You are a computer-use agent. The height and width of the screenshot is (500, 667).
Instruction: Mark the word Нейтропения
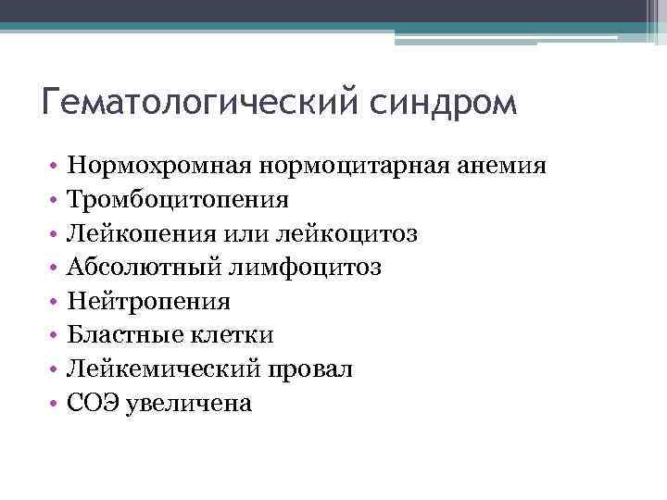148,302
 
